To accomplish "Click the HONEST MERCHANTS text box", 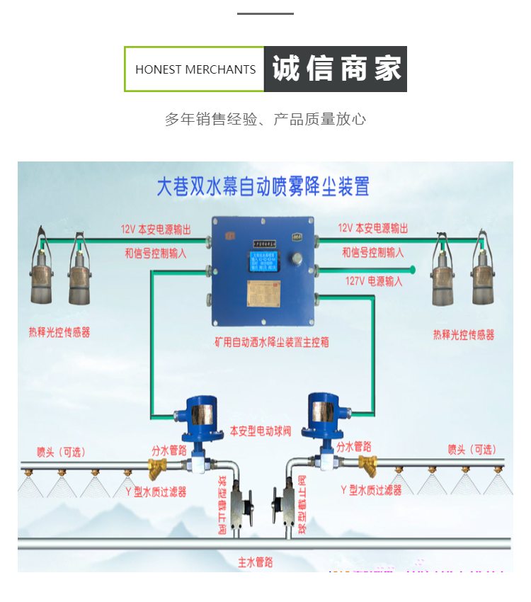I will tap(195, 69).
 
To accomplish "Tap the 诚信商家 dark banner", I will tap(336, 69).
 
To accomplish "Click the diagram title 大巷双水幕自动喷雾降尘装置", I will tap(263, 186).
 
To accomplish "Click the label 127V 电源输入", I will tap(374, 281).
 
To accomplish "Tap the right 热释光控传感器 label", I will tap(464, 334).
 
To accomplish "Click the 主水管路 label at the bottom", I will tap(256, 562).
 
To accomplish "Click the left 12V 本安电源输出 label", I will tap(156, 229).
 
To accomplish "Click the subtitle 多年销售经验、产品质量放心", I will tap(265, 119).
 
